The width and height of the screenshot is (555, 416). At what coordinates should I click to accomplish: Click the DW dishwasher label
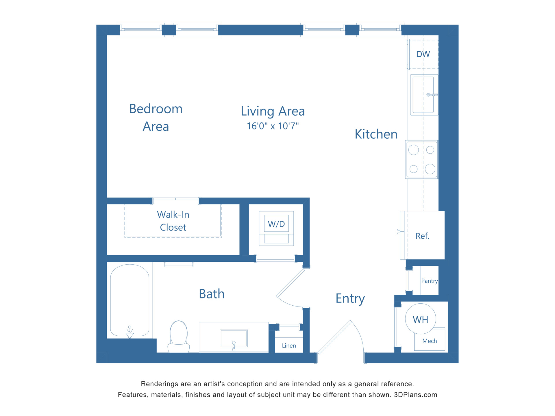[x=423, y=54]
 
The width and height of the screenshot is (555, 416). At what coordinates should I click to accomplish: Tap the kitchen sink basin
[x=423, y=95]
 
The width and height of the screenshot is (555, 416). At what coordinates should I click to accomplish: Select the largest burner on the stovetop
[x=430, y=169]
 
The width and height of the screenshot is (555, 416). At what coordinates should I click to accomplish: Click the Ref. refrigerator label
[x=422, y=236]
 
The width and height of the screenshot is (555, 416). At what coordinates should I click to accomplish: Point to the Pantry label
[x=429, y=281]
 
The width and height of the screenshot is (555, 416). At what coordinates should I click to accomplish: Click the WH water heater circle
[x=420, y=319]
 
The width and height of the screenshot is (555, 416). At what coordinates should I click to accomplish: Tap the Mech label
[x=430, y=341]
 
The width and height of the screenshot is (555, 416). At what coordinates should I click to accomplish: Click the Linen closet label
[x=289, y=346]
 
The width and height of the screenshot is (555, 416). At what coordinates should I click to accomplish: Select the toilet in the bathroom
[x=179, y=337]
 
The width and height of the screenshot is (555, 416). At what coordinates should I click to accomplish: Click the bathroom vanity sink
[x=234, y=338]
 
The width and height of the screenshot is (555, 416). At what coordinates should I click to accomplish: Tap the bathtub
[x=129, y=300]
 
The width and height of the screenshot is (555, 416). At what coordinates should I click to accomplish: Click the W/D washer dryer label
[x=276, y=224]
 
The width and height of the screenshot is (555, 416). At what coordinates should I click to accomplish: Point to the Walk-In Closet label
[x=173, y=221]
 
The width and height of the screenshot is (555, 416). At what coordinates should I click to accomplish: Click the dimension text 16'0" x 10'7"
[x=273, y=126]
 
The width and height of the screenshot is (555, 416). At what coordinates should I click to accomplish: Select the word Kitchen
[x=376, y=134]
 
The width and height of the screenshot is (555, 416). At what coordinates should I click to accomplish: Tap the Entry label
[x=350, y=298]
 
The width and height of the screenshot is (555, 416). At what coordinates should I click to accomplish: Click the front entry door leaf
[x=334, y=337]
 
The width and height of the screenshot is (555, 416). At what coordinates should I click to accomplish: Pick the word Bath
[x=212, y=294]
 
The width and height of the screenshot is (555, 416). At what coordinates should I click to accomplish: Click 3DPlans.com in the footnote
[x=415, y=395]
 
